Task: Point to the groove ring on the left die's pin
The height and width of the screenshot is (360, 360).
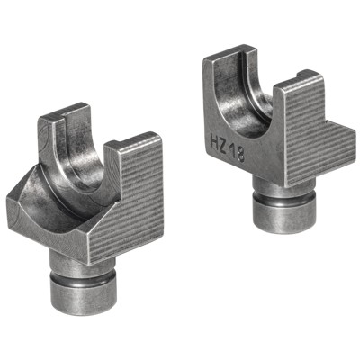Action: (x=83, y=276)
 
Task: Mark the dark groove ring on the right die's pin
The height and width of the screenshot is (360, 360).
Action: (x=283, y=199)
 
